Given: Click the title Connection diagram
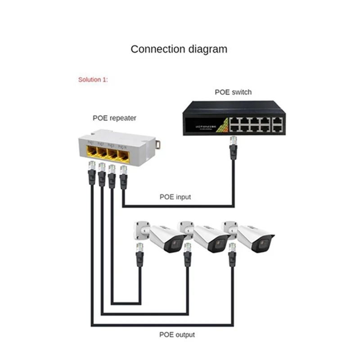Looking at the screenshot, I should (179, 49).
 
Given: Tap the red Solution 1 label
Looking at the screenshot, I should (93, 80).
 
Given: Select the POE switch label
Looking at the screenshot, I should (233, 92).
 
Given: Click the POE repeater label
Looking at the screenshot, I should (114, 118).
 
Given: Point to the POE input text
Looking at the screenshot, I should (175, 197).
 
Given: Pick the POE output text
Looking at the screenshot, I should (177, 334).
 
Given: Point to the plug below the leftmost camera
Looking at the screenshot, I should (139, 256).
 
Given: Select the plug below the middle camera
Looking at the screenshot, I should (187, 256).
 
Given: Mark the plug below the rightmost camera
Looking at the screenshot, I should (232, 256).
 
